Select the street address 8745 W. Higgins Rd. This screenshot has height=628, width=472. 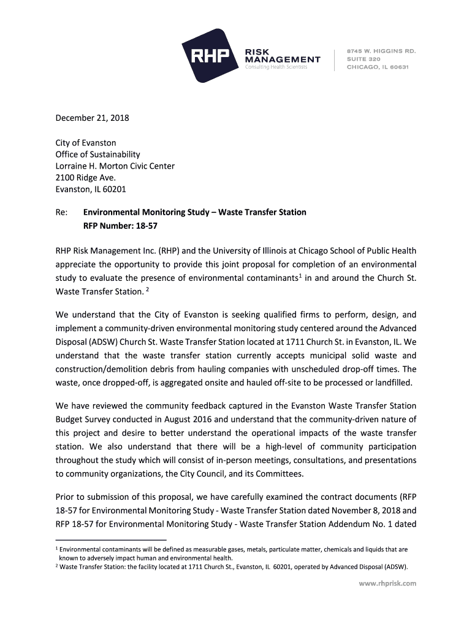(x=381, y=50)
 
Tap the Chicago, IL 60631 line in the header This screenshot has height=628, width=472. (x=378, y=67)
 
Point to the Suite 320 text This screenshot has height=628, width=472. (x=364, y=59)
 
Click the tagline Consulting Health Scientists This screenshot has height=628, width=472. (x=276, y=67)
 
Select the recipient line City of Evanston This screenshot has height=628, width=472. (x=86, y=143)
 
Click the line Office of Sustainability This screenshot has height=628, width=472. (x=97, y=155)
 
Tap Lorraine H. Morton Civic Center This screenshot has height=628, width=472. (x=115, y=166)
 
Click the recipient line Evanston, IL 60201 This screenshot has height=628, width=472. (x=91, y=190)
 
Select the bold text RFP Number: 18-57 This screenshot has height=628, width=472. (x=116, y=225)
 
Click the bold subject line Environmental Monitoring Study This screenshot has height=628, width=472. (x=194, y=213)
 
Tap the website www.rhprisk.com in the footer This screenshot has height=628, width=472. (x=387, y=583)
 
